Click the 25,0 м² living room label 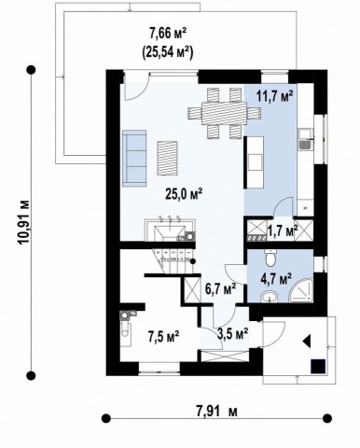click(184, 195)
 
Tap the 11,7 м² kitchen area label click(275, 95)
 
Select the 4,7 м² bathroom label click(276, 279)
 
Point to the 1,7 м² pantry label click(283, 231)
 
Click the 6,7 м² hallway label click(220, 289)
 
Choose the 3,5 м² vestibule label click(233, 334)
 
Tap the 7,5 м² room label click(163, 336)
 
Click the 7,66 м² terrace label click(168, 34)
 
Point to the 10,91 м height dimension click(24, 221)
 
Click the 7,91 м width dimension click(216, 412)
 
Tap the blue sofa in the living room click(134, 158)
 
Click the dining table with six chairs click(224, 113)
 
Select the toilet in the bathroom click(270, 258)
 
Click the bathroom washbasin click(270, 297)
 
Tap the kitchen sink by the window click(305, 140)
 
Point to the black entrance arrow click(307, 341)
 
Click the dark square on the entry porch click(318, 366)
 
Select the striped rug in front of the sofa click(167, 158)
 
